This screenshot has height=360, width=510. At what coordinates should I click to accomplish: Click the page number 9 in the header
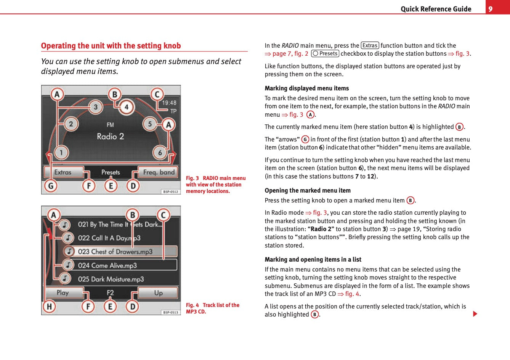point(491,9)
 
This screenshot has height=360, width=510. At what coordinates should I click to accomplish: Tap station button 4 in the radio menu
point(127,107)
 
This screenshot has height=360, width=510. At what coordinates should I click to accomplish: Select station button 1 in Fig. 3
point(61,153)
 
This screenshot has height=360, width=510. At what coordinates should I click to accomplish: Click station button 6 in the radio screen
point(160,153)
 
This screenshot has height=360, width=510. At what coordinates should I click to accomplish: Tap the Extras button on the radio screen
point(63,172)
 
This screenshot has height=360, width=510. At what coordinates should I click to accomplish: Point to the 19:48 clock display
point(169,103)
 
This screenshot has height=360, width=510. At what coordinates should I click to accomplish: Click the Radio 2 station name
point(110,137)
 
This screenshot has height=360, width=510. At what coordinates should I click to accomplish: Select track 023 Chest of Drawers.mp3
point(115,252)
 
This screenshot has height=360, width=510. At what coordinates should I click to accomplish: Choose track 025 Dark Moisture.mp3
point(111,279)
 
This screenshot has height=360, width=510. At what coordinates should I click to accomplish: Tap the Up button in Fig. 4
point(158,293)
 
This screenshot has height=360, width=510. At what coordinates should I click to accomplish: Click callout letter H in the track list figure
point(49,307)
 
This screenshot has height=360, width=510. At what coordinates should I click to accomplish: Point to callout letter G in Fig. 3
point(51,186)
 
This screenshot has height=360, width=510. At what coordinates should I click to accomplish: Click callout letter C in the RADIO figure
point(157,94)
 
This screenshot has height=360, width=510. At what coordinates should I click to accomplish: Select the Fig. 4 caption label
point(192,305)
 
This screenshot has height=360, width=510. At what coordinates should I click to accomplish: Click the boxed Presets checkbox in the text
point(325,54)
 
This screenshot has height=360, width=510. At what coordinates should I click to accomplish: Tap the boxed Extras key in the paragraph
point(370,45)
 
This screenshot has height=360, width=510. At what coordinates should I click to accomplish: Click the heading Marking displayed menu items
point(306,88)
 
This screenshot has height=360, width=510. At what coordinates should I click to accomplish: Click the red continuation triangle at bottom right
point(475,314)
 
